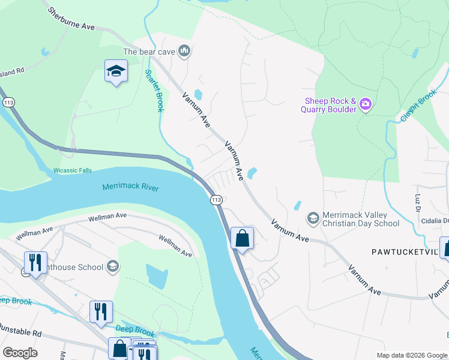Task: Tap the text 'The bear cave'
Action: click(149, 52)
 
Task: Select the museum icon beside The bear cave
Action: click(185, 52)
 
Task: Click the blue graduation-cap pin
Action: click(116, 71)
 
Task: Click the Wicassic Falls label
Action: click(72, 170)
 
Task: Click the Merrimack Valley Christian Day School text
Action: click(361, 219)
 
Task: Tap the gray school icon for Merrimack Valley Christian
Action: click(313, 218)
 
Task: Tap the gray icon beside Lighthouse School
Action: click(112, 266)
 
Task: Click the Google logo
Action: click(20, 353)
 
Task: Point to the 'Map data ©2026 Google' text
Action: click(411, 355)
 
